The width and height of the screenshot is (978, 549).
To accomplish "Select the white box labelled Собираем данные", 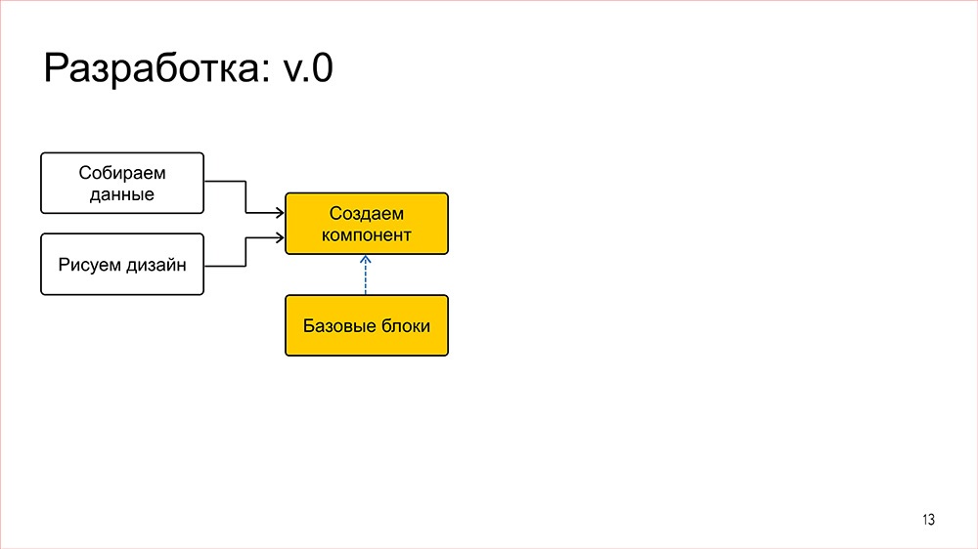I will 122,183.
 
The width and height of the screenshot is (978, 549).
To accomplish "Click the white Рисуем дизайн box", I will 122,264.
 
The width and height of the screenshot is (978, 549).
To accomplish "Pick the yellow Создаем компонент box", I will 367,224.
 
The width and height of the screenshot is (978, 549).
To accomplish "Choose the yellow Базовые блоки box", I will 367,325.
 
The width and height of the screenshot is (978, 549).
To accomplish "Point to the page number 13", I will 928,520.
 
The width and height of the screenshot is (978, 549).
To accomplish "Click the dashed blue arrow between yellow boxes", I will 366,276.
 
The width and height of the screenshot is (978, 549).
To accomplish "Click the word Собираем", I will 122,173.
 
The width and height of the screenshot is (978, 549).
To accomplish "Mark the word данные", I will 122,193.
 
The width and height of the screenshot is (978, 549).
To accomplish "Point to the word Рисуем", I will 91,264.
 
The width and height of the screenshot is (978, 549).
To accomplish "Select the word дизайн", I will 156,264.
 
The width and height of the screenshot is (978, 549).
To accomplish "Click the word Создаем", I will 367,213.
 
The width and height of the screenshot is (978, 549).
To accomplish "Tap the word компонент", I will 367,234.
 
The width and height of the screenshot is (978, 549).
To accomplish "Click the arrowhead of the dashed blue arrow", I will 366,260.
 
